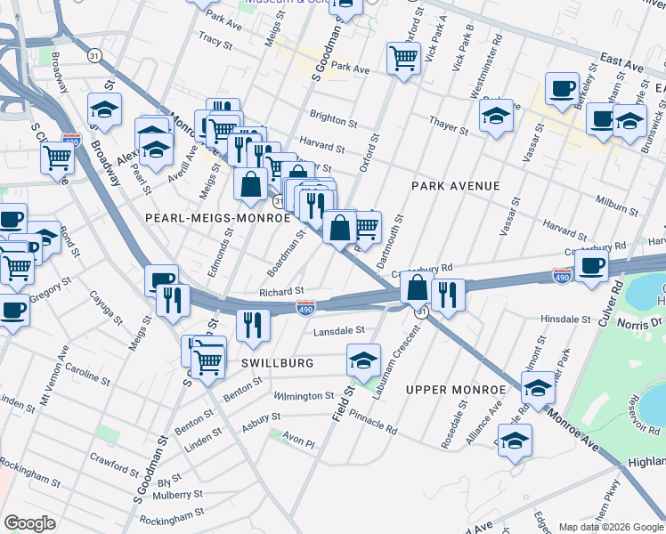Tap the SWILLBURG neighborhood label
click(277, 364)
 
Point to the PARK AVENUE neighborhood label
click(455, 186)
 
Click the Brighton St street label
click(333, 116)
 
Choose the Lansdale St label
click(338, 330)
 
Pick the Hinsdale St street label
click(566, 319)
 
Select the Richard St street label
click(281, 291)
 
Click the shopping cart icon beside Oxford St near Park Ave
click(403, 59)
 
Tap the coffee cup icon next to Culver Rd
click(591, 265)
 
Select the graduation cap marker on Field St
click(363, 360)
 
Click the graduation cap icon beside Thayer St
click(496, 116)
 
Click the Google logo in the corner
click(29, 523)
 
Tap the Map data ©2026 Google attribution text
click(611, 526)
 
